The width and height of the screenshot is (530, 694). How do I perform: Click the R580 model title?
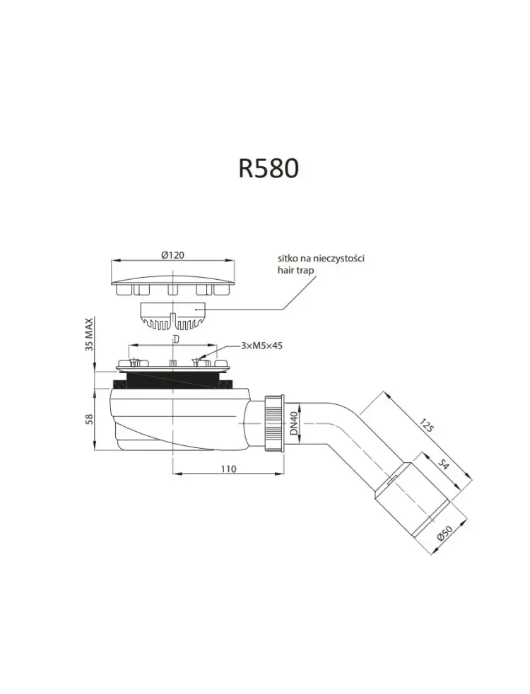[x=269, y=169]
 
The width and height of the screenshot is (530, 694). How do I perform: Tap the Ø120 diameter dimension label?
[x=172, y=254]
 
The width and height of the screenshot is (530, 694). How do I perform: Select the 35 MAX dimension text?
[x=89, y=334]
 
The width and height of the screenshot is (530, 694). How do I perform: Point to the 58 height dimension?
[x=89, y=418]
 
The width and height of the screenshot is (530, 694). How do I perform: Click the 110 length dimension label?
[x=228, y=469]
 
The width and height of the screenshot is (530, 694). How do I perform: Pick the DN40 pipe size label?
[x=295, y=423]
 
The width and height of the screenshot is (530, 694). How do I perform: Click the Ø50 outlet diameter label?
[x=445, y=531]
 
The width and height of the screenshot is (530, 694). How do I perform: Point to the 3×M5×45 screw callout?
[x=262, y=346]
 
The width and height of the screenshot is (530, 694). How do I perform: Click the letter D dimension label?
[x=176, y=339]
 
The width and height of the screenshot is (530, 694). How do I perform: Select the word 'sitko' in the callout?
[x=288, y=258]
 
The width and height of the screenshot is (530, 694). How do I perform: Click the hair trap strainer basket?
[x=172, y=316]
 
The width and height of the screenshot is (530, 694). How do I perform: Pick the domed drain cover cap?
[x=172, y=286]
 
